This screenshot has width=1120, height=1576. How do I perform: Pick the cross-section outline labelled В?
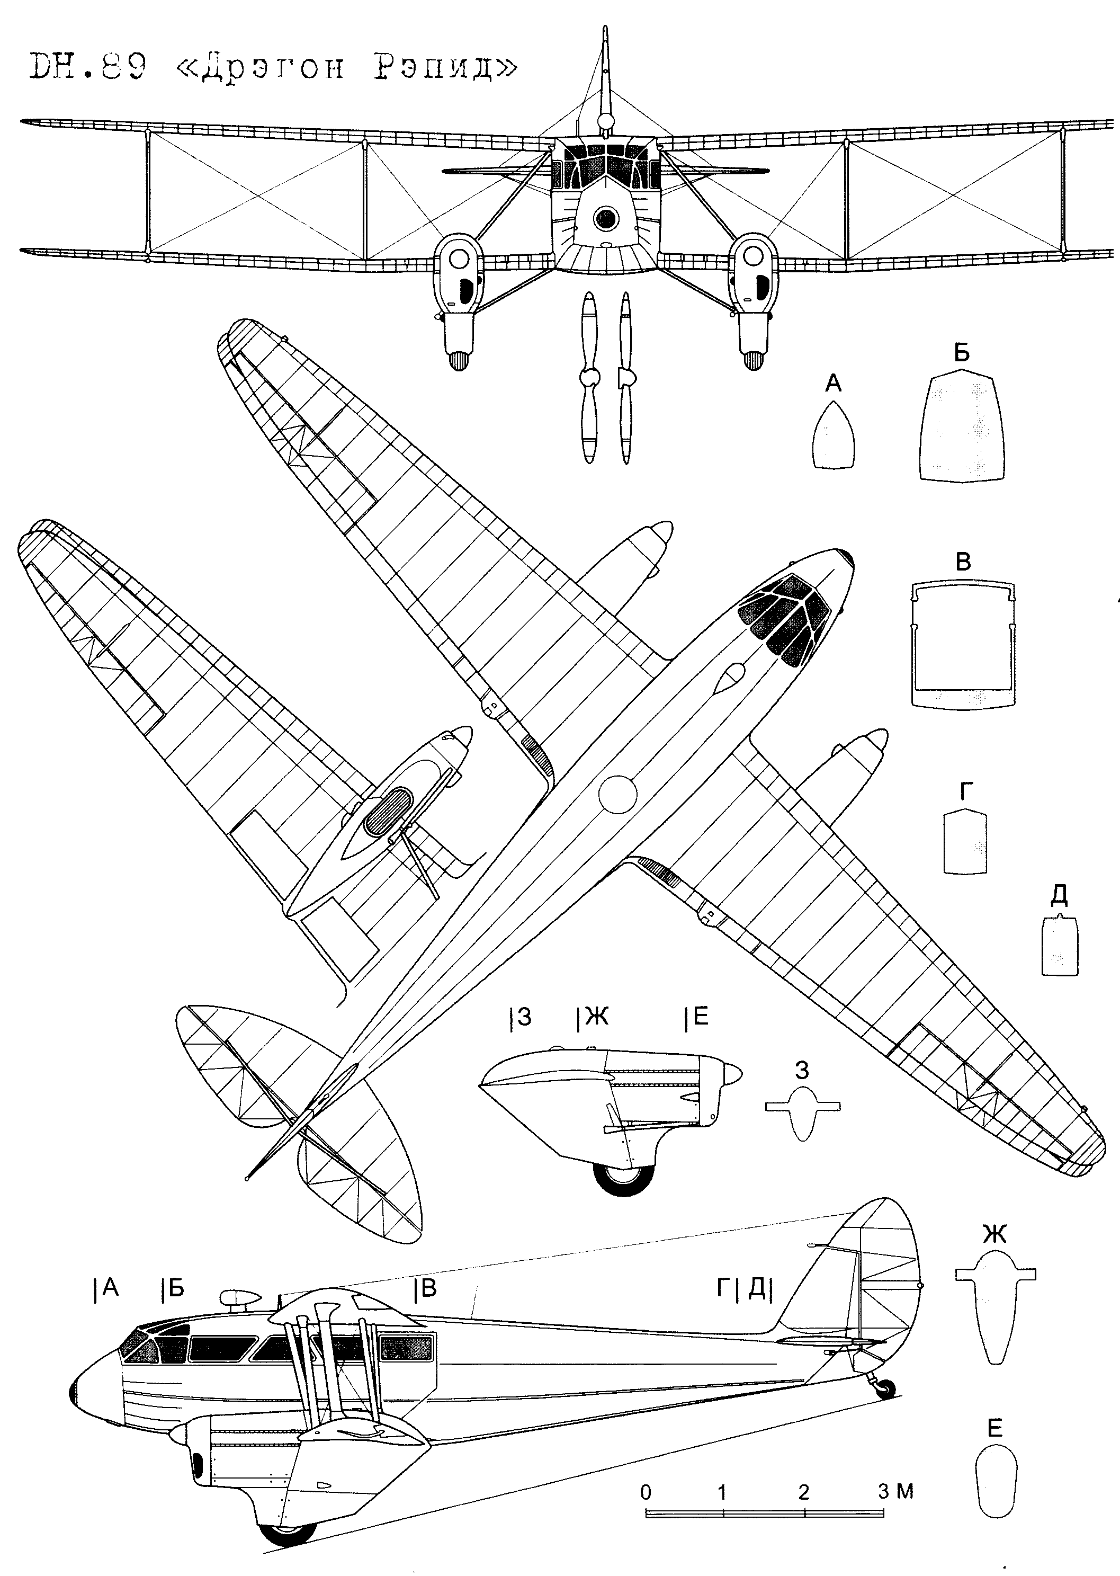coord(963,644)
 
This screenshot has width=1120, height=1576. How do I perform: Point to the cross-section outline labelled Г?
coord(965,842)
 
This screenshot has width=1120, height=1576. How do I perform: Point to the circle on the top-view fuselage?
coord(617,795)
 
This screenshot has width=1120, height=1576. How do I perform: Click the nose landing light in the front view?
coord(605,219)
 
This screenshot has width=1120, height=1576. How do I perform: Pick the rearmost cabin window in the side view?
coord(406,1347)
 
